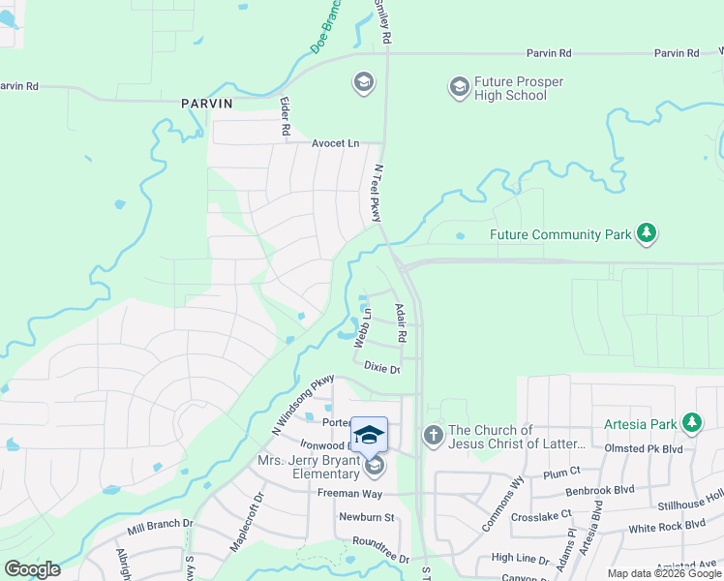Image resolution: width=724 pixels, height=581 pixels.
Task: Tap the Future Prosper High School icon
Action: click(x=459, y=88)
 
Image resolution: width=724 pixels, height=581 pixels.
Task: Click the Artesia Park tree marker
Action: click(x=691, y=423)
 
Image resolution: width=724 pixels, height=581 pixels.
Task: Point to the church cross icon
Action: click(x=433, y=437)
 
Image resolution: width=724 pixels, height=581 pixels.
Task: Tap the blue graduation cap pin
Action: click(x=370, y=434)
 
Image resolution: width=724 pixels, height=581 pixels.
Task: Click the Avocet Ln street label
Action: click(x=334, y=143)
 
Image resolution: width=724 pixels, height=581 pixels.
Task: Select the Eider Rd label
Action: click(x=286, y=115)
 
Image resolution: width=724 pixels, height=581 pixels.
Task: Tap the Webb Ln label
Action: click(x=362, y=326)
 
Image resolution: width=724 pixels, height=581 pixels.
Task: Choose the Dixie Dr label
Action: click(x=381, y=367)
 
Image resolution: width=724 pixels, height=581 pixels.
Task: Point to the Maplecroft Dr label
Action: click(x=247, y=524)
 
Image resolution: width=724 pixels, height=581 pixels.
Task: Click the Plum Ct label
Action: click(x=561, y=474)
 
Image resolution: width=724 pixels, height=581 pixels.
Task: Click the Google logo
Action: click(x=32, y=569)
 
